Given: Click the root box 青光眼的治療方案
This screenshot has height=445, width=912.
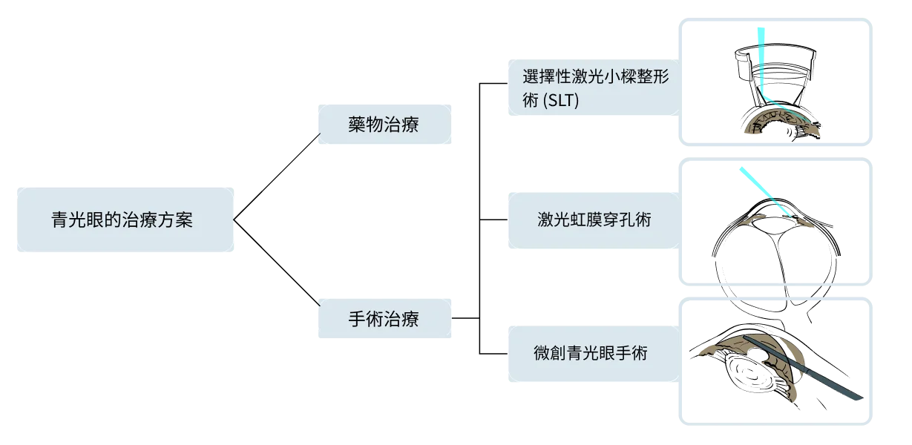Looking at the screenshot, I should pos(124,220).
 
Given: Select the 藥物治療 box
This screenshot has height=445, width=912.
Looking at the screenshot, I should pos(383,125).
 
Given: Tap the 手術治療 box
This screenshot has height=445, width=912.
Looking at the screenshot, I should pos(383,319).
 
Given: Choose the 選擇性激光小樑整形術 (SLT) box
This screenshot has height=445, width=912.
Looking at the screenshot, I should pos(592,88).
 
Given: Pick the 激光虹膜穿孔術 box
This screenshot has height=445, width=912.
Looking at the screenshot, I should pos(592,220).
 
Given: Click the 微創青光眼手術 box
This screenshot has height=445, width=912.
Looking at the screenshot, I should pos(592,354).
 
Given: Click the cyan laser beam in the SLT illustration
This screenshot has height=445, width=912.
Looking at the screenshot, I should pos(761,67).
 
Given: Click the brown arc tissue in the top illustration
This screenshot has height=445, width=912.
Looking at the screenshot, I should pos(779,122).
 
